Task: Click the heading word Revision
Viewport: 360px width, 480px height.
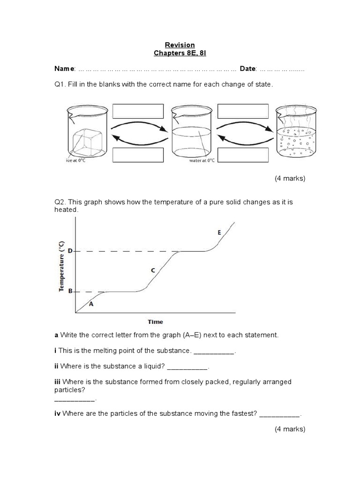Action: pos(180,45)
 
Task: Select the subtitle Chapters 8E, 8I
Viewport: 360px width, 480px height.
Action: pos(180,53)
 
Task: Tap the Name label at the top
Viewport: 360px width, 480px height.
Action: pos(64,69)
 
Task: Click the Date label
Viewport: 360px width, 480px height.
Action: pos(248,69)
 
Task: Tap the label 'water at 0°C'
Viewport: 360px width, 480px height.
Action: pos(202,160)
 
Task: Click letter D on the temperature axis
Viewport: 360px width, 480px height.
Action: pos(70,251)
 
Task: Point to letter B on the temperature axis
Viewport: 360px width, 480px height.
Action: pos(70,291)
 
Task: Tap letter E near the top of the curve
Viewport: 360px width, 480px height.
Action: pos(219,232)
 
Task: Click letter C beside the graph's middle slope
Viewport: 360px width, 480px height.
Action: pos(152,270)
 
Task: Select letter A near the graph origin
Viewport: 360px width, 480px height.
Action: pos(91,304)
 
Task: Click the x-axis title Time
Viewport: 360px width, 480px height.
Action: pos(155,322)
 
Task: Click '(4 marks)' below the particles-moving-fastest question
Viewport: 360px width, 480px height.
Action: pos(290,429)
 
